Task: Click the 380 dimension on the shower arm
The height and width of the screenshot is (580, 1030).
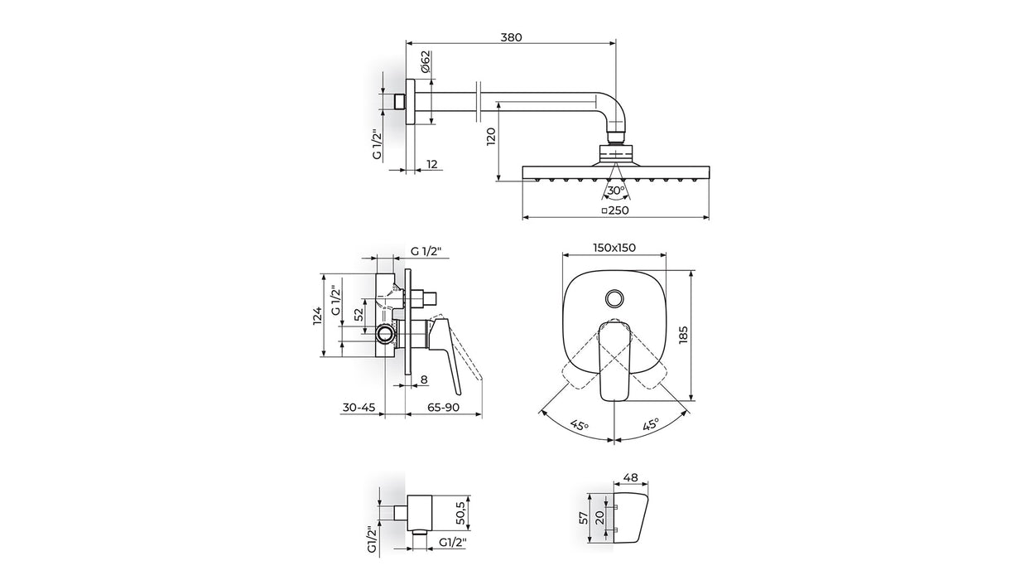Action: pyautogui.click(x=511, y=36)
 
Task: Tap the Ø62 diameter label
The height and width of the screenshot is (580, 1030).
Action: pyautogui.click(x=425, y=62)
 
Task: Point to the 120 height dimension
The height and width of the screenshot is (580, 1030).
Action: pyautogui.click(x=490, y=135)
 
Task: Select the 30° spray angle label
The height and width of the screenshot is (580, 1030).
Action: pyautogui.click(x=614, y=191)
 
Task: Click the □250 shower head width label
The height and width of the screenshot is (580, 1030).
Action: pyautogui.click(x=615, y=211)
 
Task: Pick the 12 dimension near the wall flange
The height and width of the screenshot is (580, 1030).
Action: pyautogui.click(x=432, y=164)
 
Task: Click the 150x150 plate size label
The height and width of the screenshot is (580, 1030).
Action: pyautogui.click(x=614, y=248)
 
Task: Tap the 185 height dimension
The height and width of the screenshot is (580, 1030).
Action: pyautogui.click(x=683, y=334)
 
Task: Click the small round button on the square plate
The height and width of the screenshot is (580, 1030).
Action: pyautogui.click(x=614, y=297)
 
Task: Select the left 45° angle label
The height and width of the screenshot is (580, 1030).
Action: pyautogui.click(x=579, y=426)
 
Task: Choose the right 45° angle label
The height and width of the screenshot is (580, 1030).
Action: pyautogui.click(x=650, y=426)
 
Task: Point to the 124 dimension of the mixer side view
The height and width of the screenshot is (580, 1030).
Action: pyautogui.click(x=316, y=315)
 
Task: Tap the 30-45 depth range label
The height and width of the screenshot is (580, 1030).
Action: pyautogui.click(x=359, y=408)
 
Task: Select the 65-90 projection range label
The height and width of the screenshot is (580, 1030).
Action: pyautogui.click(x=443, y=408)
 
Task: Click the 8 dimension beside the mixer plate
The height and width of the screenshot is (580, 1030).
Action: pyautogui.click(x=424, y=379)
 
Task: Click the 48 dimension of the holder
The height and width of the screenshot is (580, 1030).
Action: pyautogui.click(x=629, y=477)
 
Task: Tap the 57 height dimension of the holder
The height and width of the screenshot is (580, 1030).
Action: pyautogui.click(x=583, y=518)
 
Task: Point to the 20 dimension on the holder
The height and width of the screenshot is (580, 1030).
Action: pyautogui.click(x=599, y=518)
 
